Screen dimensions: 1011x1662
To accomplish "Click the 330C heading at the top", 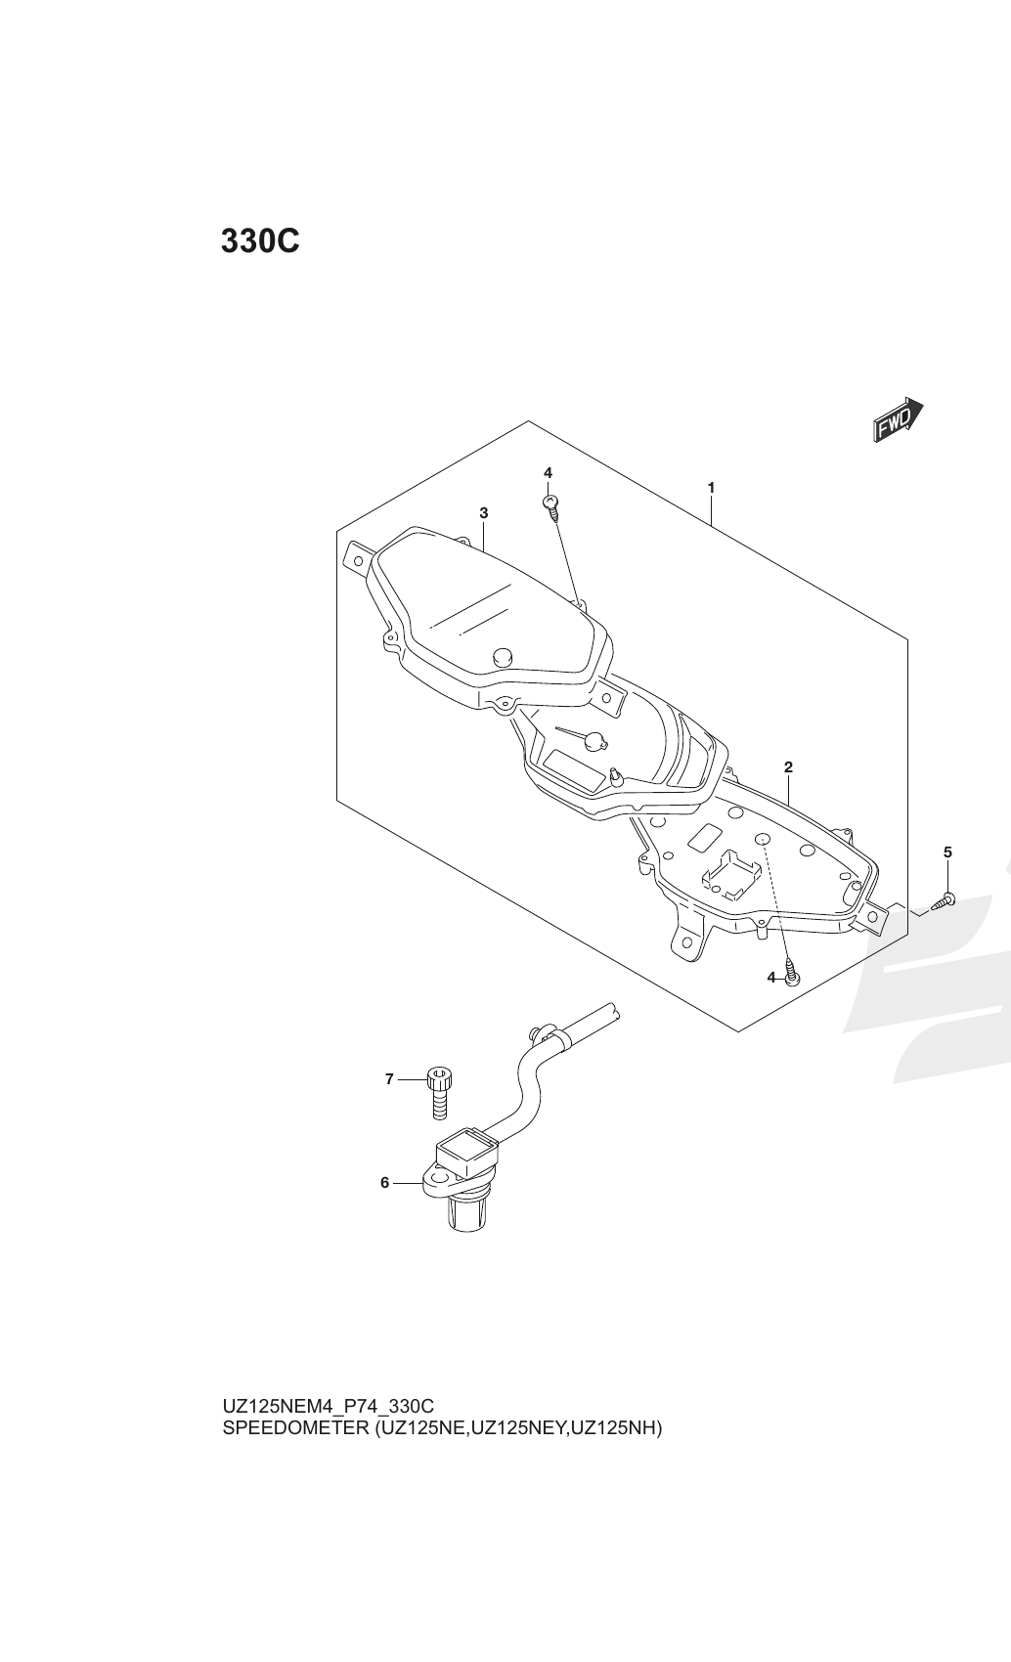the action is [x=260, y=241].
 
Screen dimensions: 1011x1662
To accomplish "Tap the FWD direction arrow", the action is [x=899, y=420].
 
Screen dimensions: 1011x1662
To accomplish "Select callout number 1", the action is [x=711, y=488].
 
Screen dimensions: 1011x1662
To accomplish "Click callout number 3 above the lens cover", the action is [x=483, y=512].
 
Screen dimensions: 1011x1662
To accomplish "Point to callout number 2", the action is [x=788, y=766].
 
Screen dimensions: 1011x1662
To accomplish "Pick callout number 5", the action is [x=947, y=853].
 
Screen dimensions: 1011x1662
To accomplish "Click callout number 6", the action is [x=384, y=1182].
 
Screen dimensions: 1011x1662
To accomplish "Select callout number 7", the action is [x=389, y=1078].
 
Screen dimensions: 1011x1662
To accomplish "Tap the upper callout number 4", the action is [x=548, y=472].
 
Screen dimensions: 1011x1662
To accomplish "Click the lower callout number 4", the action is [x=771, y=978].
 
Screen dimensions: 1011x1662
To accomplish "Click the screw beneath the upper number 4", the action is [x=551, y=506].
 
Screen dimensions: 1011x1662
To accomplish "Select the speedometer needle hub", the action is [x=596, y=740].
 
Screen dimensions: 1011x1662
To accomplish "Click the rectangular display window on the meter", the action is [x=574, y=767].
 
